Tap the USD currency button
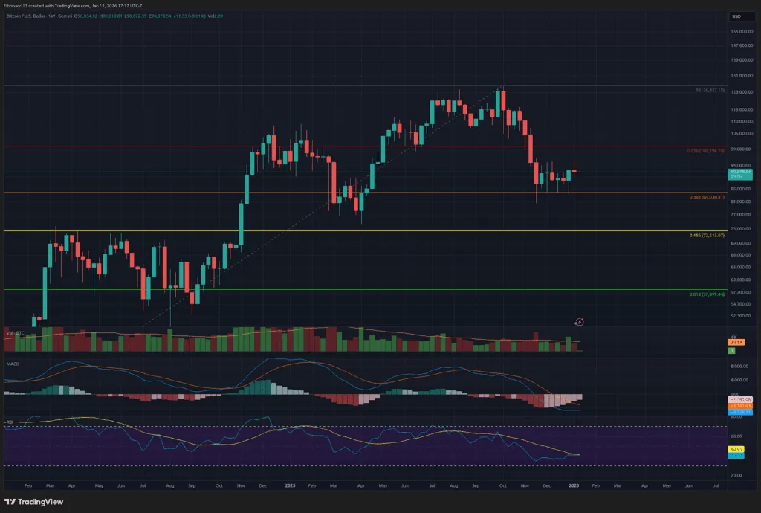[x=736, y=16]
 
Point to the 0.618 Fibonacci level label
[x=706, y=294]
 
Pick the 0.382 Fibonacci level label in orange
[x=705, y=197]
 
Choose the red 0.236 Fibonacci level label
[x=705, y=151]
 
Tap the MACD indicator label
[x=13, y=364]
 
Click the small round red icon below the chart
[x=579, y=321]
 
